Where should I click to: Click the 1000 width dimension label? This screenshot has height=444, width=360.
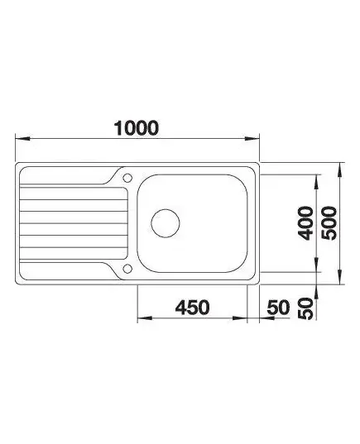pyautogui.click(x=136, y=128)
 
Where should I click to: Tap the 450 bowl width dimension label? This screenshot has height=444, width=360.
pyautogui.click(x=193, y=308)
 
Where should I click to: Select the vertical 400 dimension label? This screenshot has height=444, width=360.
pyautogui.click(x=306, y=223)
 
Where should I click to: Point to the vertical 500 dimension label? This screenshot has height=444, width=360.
pyautogui.click(x=329, y=223)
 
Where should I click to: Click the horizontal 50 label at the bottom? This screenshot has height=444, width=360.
pyautogui.click(x=279, y=308)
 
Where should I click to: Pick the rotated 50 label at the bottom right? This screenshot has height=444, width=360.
pyautogui.click(x=306, y=308)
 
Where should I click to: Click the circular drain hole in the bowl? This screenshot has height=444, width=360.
pyautogui.click(x=166, y=223)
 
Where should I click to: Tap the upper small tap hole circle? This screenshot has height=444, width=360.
pyautogui.click(x=127, y=178)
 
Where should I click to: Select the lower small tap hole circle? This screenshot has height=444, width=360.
pyautogui.click(x=127, y=269)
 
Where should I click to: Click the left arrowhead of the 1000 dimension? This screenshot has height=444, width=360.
pyautogui.click(x=22, y=139)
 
